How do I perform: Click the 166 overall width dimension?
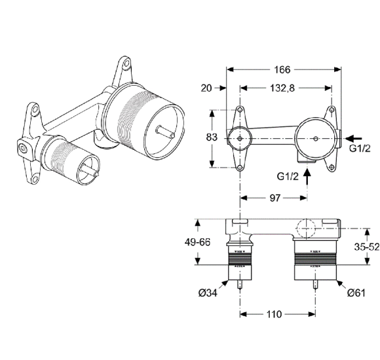pyautogui.click(x=283, y=69)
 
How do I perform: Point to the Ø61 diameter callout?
pyautogui.click(x=354, y=292)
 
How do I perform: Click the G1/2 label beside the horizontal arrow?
pyautogui.click(x=361, y=149)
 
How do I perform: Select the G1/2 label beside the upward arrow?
pyautogui.click(x=289, y=176)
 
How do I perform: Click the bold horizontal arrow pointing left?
pyautogui.click(x=352, y=137)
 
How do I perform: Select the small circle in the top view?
pyautogui.click(x=240, y=137)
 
